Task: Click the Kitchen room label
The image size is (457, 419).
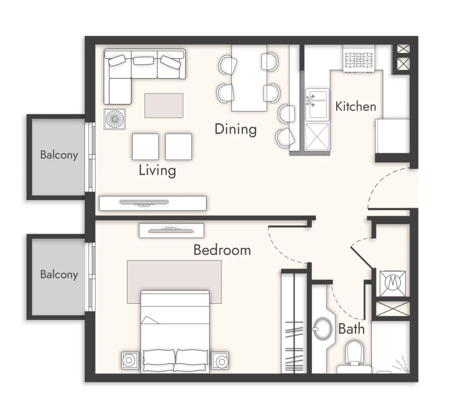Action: pos(355,107)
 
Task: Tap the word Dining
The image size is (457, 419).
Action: pos(235,129)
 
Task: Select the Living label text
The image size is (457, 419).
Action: pos(157,170)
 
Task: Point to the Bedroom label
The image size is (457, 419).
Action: pos(222,250)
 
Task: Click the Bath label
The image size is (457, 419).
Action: pos(351,329)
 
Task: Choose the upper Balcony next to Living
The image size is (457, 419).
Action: pos(59,155)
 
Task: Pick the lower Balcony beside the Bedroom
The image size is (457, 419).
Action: pos(59,275)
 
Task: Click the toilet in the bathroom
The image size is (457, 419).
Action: pos(354,353)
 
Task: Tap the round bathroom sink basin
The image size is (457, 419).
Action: pos(322,329)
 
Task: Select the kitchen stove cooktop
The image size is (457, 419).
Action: pos(359,60)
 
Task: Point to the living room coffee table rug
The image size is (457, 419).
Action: pos(164,105)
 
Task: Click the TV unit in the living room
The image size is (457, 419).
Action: pos(153,203)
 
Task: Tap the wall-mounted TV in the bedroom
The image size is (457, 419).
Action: pos(172,230)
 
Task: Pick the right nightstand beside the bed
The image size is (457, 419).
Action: pos(221,361)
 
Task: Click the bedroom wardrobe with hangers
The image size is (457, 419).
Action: pos(295,325)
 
